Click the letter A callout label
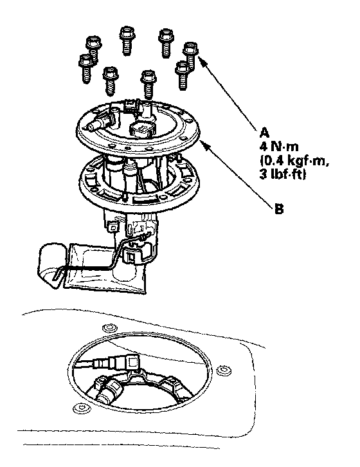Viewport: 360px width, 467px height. [x=264, y=133]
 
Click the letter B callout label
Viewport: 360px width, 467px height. [x=279, y=209]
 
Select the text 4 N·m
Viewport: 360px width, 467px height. [x=278, y=147]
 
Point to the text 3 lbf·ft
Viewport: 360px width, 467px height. [x=282, y=174]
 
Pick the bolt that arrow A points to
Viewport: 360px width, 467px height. [x=190, y=56]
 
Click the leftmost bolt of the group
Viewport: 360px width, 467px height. [x=85, y=68]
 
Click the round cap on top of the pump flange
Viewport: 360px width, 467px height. [x=142, y=129]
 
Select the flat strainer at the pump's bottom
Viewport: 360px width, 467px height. [x=105, y=268]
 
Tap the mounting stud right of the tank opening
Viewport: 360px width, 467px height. [x=222, y=370]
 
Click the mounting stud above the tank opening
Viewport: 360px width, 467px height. [x=109, y=328]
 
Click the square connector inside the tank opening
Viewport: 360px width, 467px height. [x=132, y=362]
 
